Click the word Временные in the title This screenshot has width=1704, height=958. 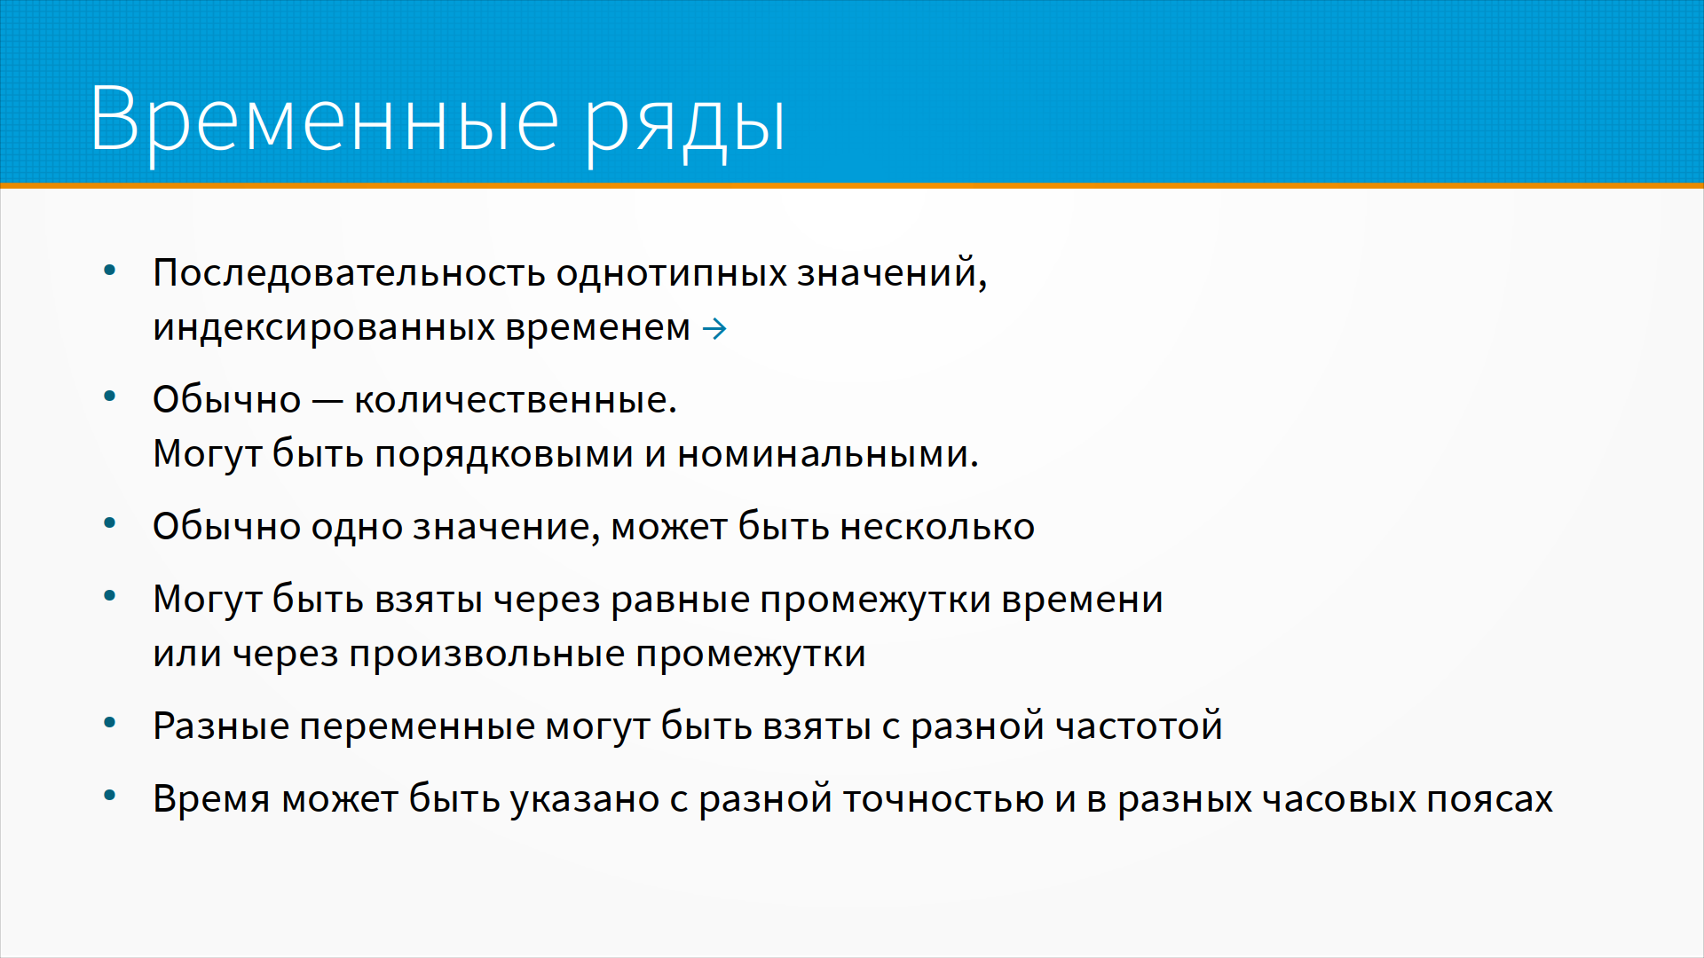(x=325, y=120)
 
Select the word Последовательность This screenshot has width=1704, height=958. (x=349, y=273)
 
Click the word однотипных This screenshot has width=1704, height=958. (x=672, y=273)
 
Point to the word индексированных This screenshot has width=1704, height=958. (x=324, y=328)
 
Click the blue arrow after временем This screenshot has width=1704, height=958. (x=714, y=329)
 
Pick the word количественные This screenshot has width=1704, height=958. (x=515, y=400)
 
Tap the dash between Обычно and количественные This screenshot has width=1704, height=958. (x=327, y=402)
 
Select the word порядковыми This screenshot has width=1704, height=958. (x=504, y=455)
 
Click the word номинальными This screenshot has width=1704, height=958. (x=828, y=455)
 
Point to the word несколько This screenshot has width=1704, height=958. (x=937, y=528)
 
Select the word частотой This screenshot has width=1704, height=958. (x=1139, y=726)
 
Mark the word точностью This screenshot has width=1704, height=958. (x=943, y=800)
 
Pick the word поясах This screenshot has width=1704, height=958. (x=1490, y=800)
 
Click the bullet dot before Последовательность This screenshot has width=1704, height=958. (x=110, y=270)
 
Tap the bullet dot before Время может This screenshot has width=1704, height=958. (x=110, y=796)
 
